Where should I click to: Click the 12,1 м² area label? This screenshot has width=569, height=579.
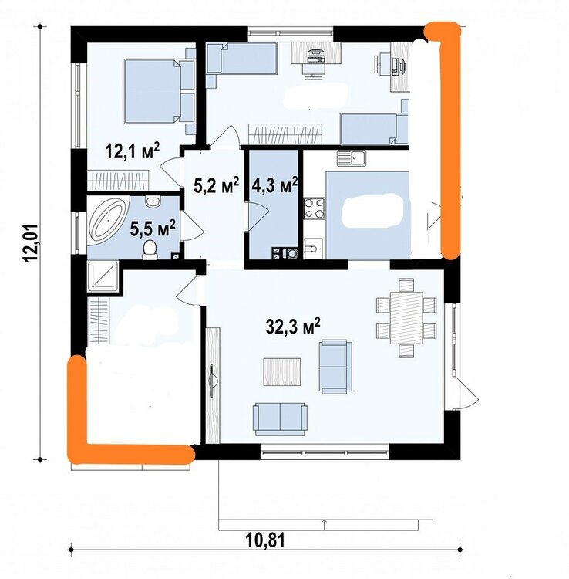tap(133, 151)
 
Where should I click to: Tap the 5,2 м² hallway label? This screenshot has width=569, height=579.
tap(217, 185)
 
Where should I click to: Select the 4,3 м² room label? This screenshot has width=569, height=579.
tap(274, 185)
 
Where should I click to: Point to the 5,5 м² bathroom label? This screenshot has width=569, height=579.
tap(153, 229)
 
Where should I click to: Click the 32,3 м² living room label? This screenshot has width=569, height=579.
tap(293, 326)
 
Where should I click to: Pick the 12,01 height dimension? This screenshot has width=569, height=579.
tap(30, 243)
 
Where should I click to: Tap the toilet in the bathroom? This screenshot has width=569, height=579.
tap(150, 249)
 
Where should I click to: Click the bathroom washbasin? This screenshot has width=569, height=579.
tap(153, 201)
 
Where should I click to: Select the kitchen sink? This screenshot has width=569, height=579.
tap(351, 158)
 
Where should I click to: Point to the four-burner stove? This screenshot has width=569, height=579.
tap(315, 208)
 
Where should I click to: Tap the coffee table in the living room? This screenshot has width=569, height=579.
tap(282, 372)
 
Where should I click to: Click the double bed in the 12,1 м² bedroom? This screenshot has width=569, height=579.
tap(160, 91)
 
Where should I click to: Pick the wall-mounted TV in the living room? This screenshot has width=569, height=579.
tap(212, 381)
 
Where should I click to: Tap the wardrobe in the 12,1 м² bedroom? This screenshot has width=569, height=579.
tap(118, 180)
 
